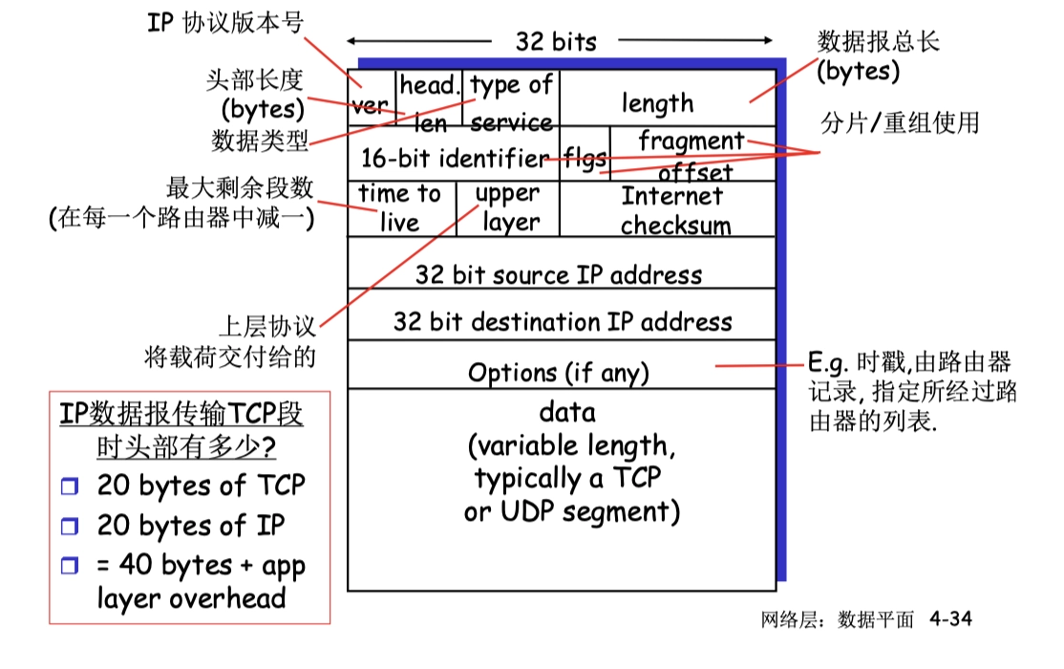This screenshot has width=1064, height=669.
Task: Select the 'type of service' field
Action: [x=512, y=100]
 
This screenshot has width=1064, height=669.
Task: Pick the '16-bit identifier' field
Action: [x=453, y=157]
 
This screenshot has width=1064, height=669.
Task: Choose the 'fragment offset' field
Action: [x=692, y=154]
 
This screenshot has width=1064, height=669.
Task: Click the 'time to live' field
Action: [x=398, y=207]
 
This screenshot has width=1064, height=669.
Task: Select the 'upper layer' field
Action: [x=508, y=207]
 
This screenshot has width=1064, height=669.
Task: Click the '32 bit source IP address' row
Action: [x=560, y=274]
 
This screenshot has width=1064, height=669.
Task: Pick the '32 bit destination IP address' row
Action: [x=562, y=321]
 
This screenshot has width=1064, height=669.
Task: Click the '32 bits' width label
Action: [x=556, y=41]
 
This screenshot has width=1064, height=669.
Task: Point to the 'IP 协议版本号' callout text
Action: [x=225, y=22]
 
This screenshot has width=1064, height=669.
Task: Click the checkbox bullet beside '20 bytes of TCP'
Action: [x=68, y=486]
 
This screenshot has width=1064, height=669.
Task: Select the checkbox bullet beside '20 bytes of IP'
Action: [x=68, y=527]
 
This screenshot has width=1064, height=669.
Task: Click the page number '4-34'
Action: [x=950, y=619]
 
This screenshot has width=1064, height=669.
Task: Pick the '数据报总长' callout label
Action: [x=879, y=41]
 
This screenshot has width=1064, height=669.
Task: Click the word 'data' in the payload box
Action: [x=567, y=413]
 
